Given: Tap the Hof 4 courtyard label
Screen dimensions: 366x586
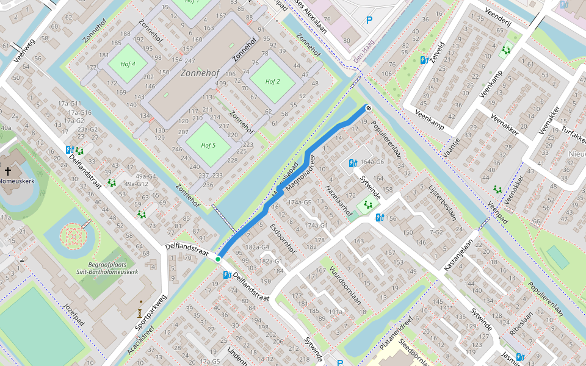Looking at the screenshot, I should click(x=128, y=63).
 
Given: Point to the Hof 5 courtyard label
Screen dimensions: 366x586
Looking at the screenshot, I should click(x=208, y=145).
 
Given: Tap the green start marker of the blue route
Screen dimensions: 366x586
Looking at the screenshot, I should click(x=217, y=259).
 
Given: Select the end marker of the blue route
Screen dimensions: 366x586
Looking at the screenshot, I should click(x=369, y=108).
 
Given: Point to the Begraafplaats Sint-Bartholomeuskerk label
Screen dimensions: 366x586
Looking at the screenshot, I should click(x=107, y=268).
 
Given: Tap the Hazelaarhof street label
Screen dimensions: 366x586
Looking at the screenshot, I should click(x=339, y=201).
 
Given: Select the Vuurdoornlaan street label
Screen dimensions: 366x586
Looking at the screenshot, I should click(x=345, y=284).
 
